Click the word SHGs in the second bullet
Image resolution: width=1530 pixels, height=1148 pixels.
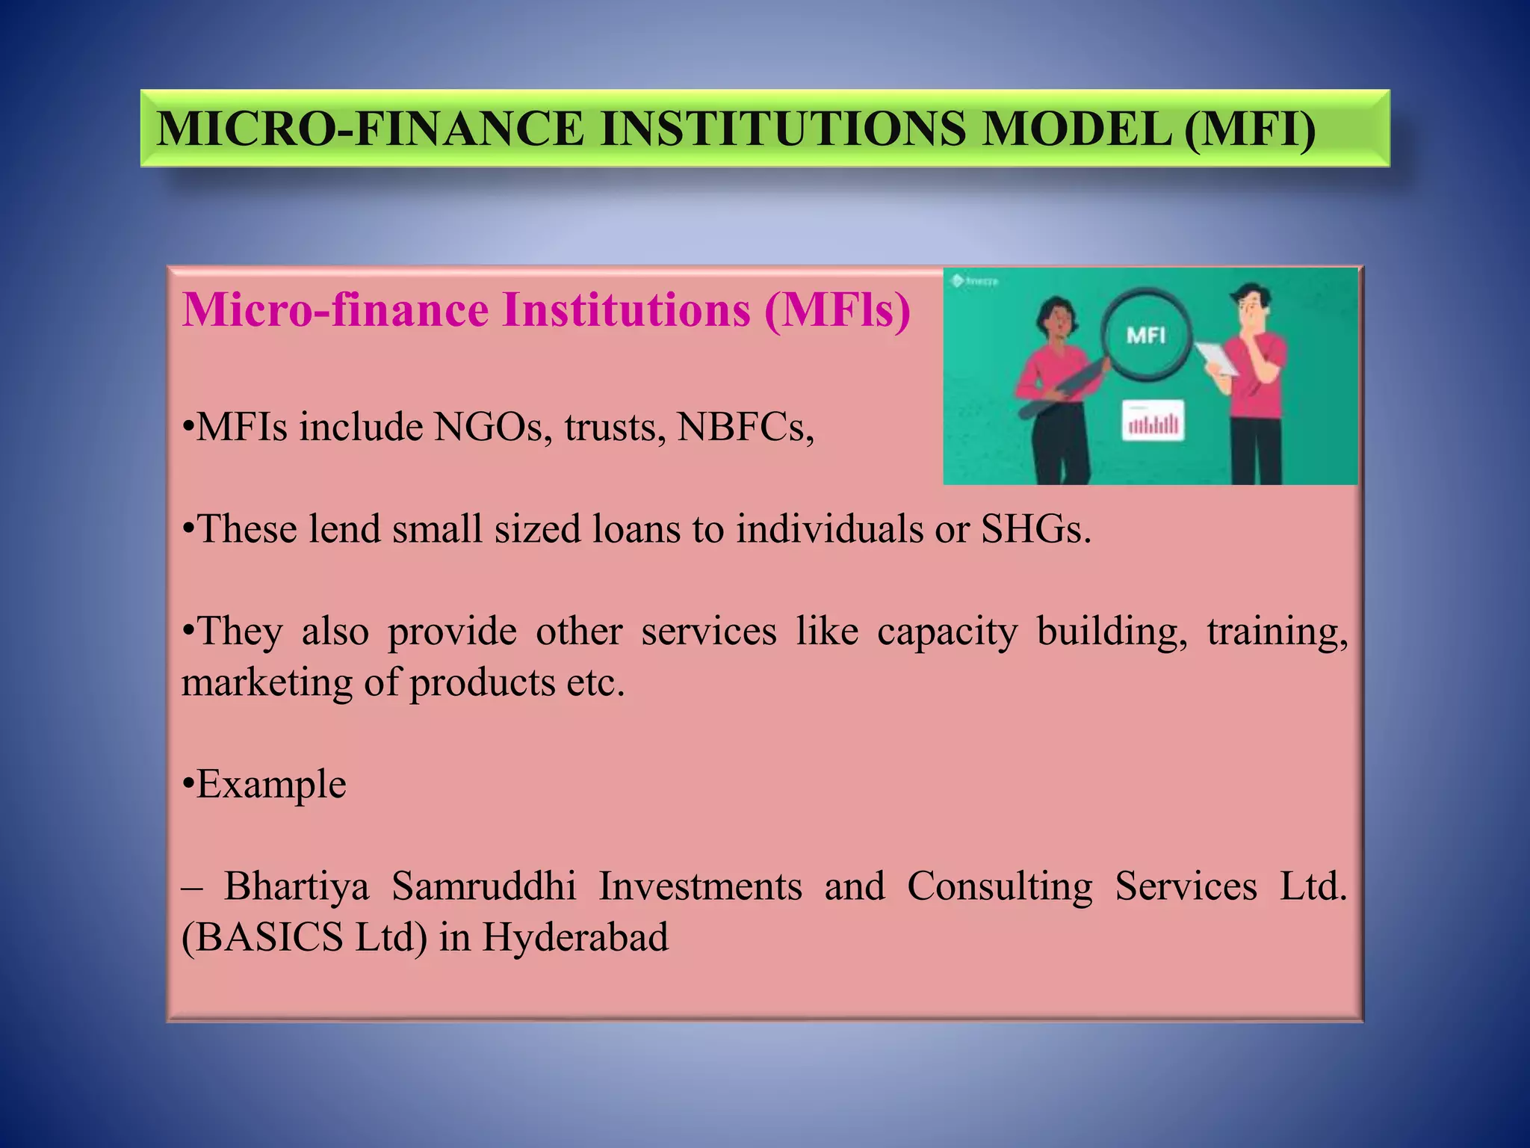pos(1035,529)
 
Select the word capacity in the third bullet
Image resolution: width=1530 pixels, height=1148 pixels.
pos(947,632)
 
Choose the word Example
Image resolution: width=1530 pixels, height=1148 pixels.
pos(271,785)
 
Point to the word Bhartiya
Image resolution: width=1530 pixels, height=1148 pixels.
pos(297,887)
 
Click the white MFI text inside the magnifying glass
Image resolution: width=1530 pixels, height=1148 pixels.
pos(1146,336)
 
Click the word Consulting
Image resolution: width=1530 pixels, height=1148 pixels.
pos(1000,887)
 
